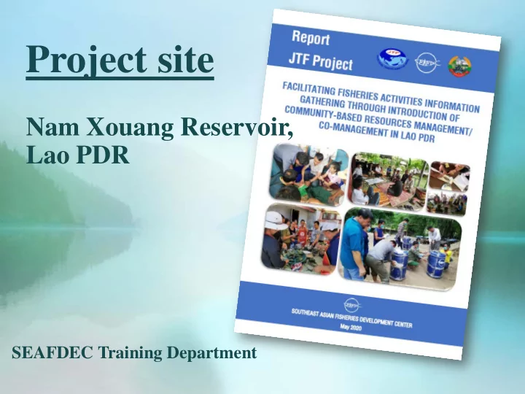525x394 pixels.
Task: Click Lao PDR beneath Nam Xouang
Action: pyautogui.click(x=78, y=155)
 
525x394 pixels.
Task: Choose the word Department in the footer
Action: pyautogui.click(x=211, y=353)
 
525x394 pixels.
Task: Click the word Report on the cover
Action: pyautogui.click(x=311, y=38)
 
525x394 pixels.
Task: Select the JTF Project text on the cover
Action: pyautogui.click(x=321, y=61)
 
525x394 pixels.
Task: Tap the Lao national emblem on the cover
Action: pyautogui.click(x=459, y=66)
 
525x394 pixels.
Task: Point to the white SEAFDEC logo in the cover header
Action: pyautogui.click(x=427, y=62)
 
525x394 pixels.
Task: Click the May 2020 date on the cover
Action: pyautogui.click(x=351, y=328)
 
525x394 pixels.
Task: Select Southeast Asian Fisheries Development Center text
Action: pyautogui.click(x=351, y=318)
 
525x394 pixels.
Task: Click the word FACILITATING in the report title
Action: pyautogui.click(x=308, y=89)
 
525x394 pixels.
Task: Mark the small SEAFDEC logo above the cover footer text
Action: pyautogui.click(x=353, y=305)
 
